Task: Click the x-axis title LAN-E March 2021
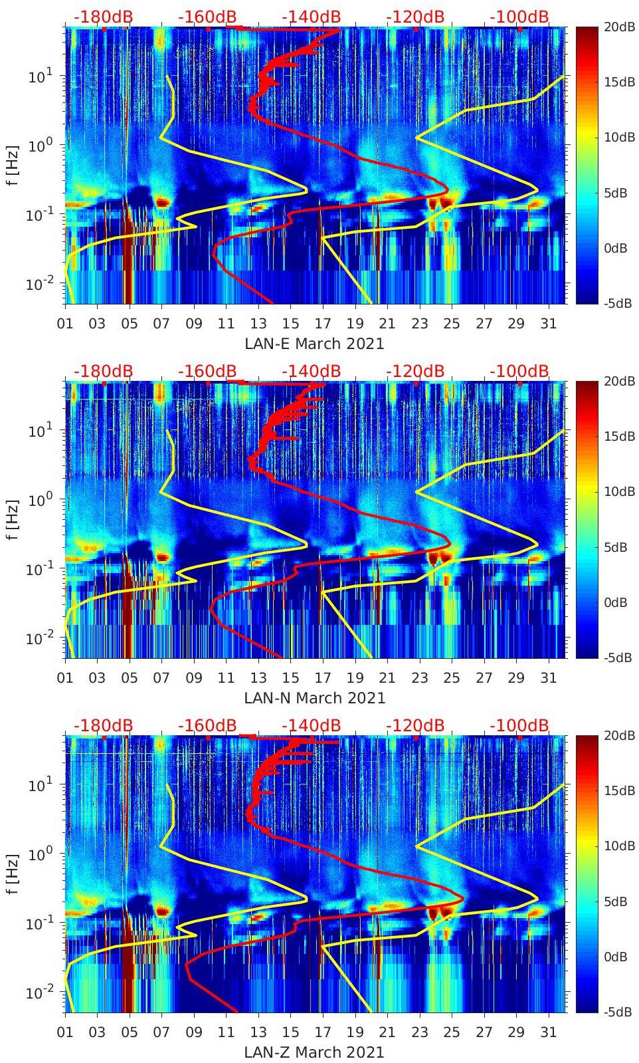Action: [314, 344]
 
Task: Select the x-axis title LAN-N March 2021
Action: [314, 698]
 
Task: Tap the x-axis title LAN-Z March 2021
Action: [314, 1052]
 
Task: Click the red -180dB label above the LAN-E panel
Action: [103, 17]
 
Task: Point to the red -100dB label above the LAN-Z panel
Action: [519, 725]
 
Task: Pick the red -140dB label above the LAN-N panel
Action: [311, 371]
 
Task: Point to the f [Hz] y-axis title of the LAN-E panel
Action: [12, 165]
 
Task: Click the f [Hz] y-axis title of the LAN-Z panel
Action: [12, 874]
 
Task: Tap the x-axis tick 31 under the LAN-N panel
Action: [548, 678]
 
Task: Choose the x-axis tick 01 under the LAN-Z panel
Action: [65, 1032]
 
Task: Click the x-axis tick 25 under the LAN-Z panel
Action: [452, 1032]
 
